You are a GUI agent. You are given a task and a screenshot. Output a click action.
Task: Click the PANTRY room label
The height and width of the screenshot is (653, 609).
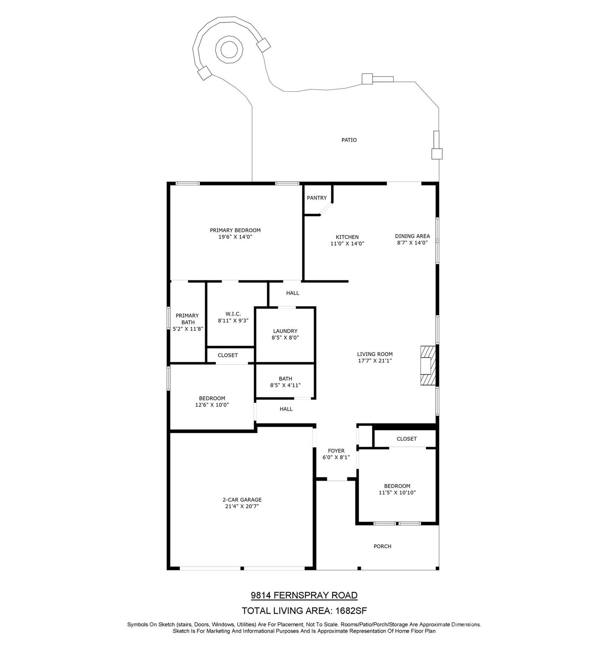(317, 198)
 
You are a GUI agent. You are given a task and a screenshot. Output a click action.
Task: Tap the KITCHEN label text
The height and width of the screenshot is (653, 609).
(347, 237)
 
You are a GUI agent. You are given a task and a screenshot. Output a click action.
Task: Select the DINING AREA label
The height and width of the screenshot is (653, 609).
(412, 236)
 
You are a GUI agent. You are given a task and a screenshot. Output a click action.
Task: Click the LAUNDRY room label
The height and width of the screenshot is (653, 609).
(285, 331)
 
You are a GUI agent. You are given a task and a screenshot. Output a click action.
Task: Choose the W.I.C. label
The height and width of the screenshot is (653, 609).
(233, 314)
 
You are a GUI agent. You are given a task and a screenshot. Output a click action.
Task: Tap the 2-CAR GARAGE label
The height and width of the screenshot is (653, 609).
(242, 500)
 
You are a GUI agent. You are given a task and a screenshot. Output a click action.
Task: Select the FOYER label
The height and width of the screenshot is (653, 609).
(336, 451)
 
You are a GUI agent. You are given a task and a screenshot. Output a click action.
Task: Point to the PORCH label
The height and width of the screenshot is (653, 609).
(382, 546)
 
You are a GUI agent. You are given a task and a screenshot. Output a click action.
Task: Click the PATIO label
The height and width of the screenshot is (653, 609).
(349, 140)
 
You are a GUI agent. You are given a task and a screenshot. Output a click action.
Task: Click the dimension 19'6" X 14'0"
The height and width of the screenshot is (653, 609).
(235, 237)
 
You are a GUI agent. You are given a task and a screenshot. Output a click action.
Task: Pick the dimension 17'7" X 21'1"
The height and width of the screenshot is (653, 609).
(374, 361)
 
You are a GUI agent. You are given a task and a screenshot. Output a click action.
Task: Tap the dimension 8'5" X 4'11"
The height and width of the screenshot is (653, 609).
(285, 385)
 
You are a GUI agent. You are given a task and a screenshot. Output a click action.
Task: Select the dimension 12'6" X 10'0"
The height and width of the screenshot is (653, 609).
(212, 405)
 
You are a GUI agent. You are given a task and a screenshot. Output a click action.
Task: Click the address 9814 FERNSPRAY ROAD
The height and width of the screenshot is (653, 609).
(304, 596)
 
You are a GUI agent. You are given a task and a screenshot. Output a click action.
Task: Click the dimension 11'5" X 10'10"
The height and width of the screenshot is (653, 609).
(397, 493)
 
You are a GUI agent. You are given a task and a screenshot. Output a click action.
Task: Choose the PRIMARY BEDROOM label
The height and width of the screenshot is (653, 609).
(235, 230)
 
